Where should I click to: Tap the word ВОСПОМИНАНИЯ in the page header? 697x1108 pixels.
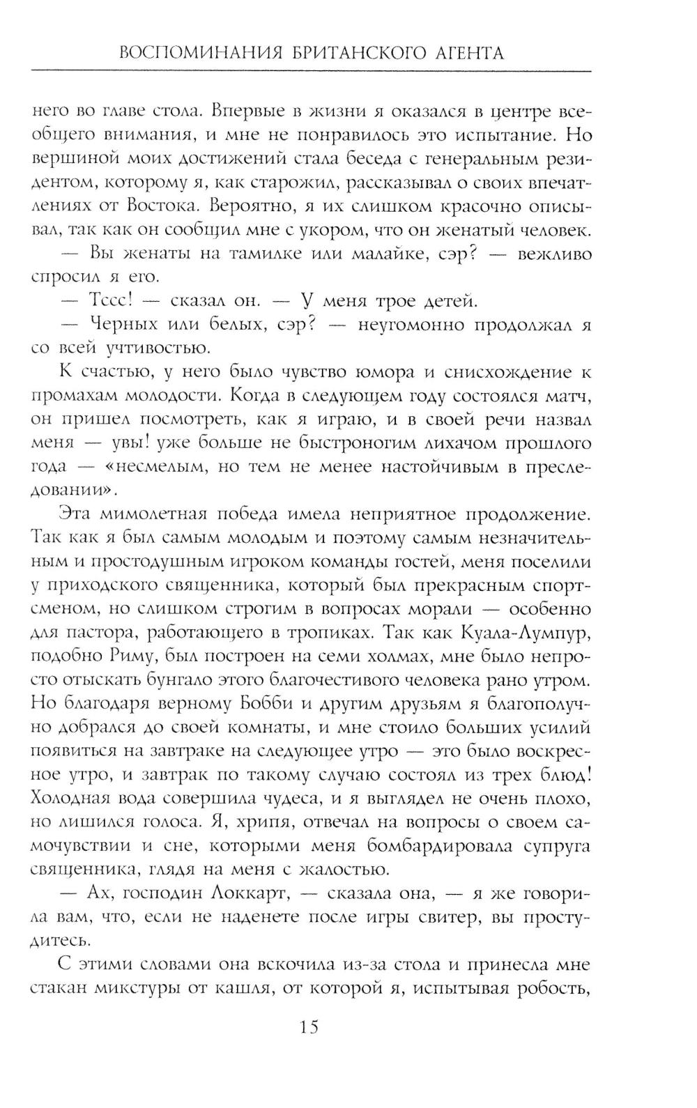tap(194, 53)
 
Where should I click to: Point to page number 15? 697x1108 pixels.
tap(309, 1026)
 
